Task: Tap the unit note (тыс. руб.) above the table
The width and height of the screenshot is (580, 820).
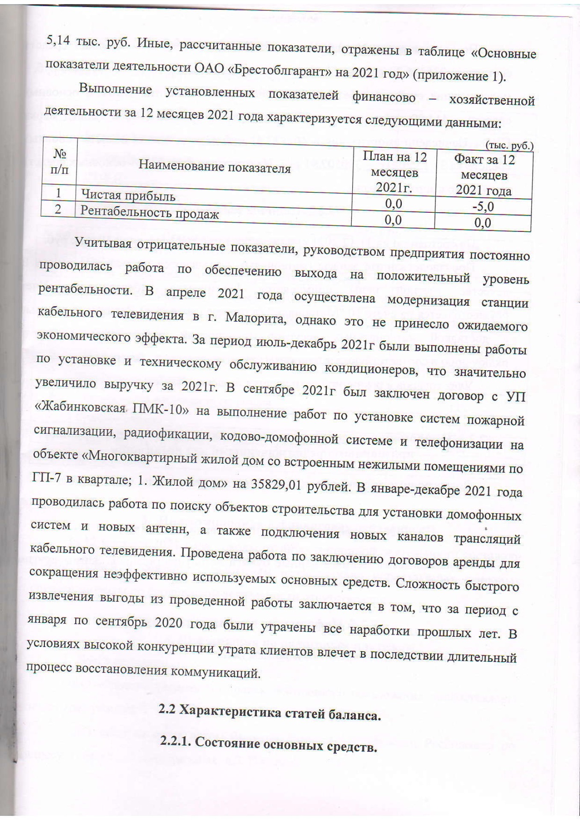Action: coord(509,146)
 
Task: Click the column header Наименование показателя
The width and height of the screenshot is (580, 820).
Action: coord(215,167)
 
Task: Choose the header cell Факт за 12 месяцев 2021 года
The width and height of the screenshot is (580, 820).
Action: coord(484,175)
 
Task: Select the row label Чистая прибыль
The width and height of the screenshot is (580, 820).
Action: coord(128,196)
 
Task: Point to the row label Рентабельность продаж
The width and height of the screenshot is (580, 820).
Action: coord(150,212)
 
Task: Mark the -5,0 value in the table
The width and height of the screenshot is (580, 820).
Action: coord(483,207)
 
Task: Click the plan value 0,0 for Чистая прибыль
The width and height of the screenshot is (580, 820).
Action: coord(394,204)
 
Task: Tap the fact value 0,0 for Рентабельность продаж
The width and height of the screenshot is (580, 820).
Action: coord(483,223)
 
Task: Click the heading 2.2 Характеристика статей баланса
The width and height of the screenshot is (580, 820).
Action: coord(270,712)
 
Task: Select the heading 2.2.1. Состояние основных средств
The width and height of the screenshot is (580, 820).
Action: coord(268,744)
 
